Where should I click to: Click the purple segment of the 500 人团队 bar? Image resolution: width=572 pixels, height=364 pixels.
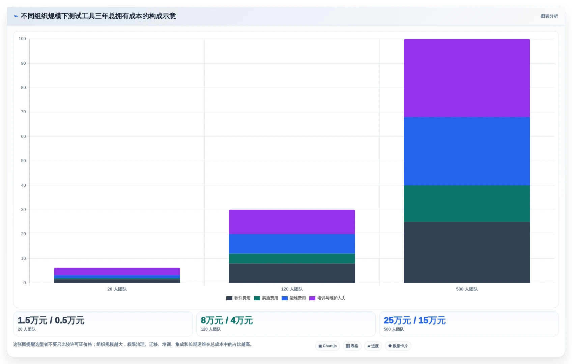tap(467, 78)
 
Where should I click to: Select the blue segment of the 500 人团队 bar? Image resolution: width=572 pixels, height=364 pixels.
tap(467, 151)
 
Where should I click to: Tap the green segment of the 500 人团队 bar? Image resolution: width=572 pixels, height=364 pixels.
tap(467, 204)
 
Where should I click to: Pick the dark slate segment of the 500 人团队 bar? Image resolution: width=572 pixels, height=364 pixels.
tap(467, 252)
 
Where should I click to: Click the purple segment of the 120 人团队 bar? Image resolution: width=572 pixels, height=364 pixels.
tap(292, 222)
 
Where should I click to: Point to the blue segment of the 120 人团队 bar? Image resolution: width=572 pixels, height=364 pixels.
tap(292, 244)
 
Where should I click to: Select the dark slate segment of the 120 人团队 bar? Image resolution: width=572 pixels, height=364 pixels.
tap(292, 273)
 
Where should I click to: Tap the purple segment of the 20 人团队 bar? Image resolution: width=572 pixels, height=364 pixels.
tap(117, 272)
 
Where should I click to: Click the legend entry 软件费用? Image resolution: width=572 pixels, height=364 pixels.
tap(238, 298)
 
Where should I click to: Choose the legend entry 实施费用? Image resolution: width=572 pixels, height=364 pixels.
tap(266, 298)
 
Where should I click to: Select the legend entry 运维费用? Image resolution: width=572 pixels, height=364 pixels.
tap(293, 298)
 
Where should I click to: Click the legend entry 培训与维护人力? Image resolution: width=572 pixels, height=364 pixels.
tap(327, 298)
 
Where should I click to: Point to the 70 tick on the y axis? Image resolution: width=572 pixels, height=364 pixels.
tap(24, 112)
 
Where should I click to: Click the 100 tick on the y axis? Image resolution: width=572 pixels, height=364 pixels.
tap(22, 39)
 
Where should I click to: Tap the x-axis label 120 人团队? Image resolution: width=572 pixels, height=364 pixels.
tap(292, 289)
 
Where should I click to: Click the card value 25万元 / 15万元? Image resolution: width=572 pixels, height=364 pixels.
tap(414, 320)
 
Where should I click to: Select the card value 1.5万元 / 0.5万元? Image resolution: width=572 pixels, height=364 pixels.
tap(51, 320)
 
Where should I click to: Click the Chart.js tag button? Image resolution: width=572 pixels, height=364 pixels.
tap(327, 346)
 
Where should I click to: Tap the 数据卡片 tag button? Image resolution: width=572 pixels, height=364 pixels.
tap(398, 346)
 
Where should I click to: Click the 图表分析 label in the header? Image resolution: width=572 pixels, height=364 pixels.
tap(549, 16)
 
